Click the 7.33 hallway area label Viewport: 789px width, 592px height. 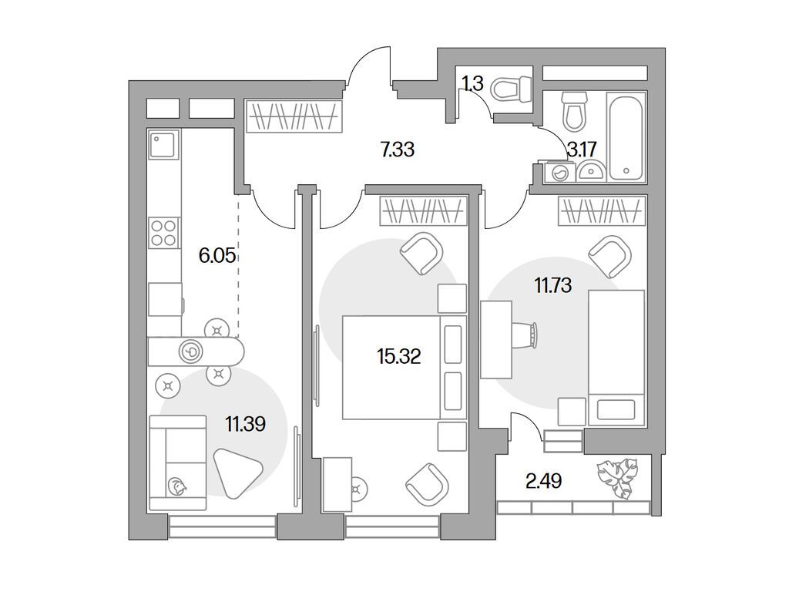(398, 150)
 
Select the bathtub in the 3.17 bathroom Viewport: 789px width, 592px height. (626, 138)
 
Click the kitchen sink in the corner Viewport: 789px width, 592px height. (163, 144)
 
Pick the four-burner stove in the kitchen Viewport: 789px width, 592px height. (163, 232)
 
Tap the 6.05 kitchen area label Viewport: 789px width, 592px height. (217, 256)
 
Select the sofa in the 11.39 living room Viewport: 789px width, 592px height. (177, 462)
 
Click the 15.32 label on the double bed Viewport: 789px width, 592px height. (398, 356)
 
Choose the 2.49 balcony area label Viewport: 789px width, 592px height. (543, 483)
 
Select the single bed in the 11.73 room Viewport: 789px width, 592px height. (616, 357)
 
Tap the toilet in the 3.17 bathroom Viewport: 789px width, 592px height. (574, 112)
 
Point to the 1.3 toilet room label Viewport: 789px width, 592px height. (472, 83)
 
